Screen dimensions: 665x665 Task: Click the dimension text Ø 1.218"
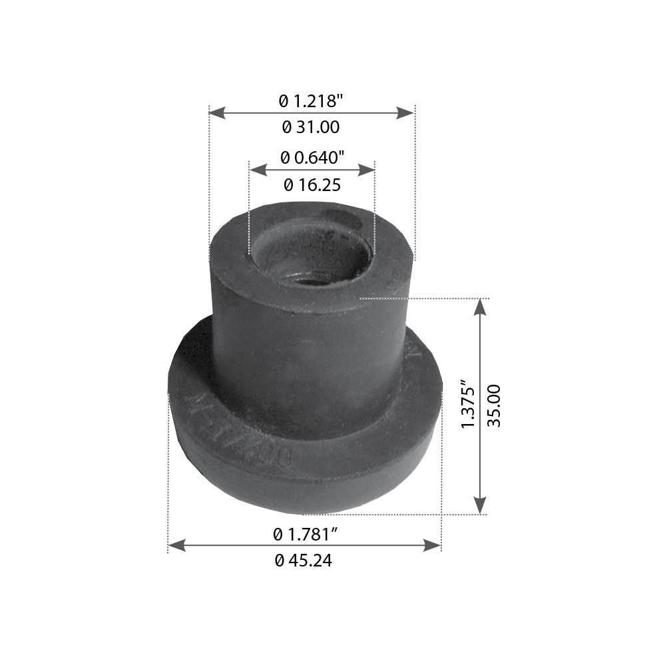point(312,101)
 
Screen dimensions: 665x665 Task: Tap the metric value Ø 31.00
point(311,126)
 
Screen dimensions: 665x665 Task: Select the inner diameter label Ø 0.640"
point(312,158)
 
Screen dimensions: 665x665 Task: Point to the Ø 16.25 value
point(312,184)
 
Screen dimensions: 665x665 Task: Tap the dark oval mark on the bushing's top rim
point(339,218)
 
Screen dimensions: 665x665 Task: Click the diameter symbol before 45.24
point(279,560)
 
